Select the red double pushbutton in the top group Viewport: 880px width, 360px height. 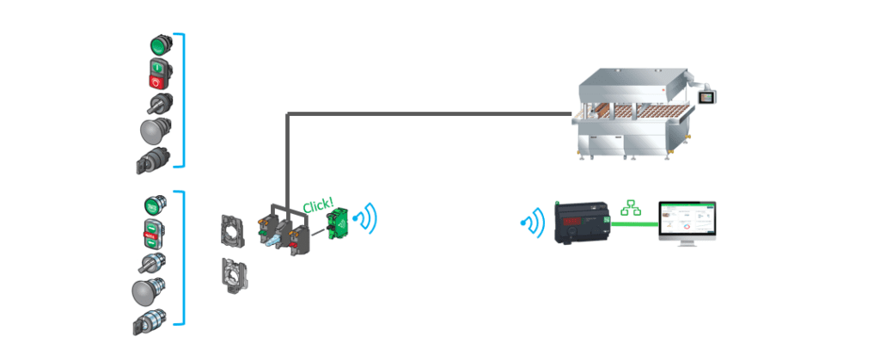[158, 76]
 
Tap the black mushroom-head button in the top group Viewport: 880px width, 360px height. [154, 131]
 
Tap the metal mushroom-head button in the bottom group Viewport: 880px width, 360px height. [146, 292]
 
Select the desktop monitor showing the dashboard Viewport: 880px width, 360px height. [687, 223]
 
